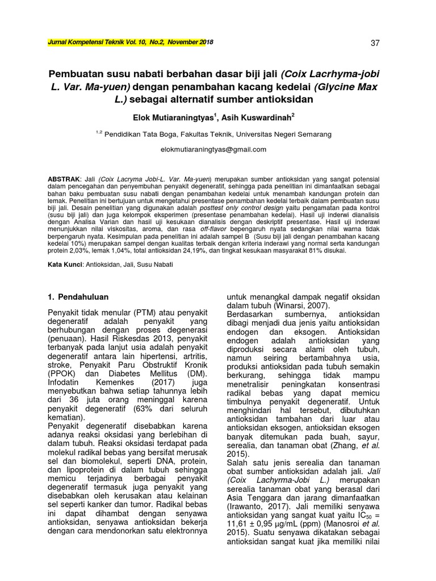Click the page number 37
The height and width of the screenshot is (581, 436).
[375, 44]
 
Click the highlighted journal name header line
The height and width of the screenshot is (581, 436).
[125, 43]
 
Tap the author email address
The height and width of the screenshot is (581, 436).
[214, 150]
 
